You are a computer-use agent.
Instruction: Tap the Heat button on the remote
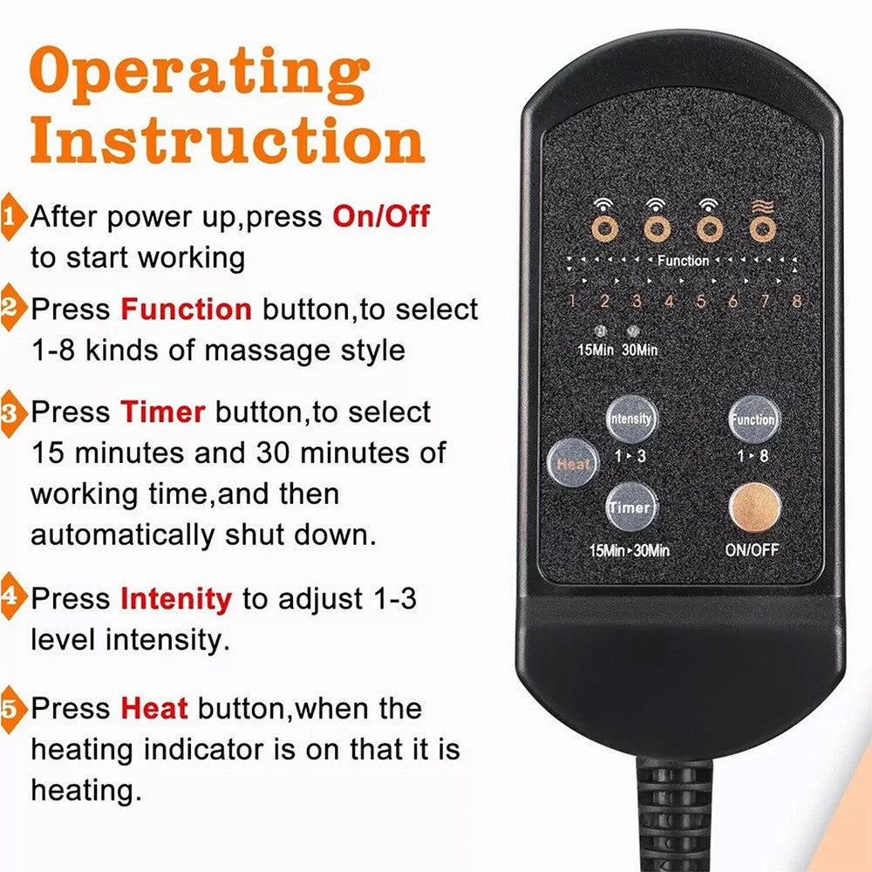573,464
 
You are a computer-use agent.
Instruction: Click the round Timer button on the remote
630,507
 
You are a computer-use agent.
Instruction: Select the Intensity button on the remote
630,419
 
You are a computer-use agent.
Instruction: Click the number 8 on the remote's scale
796,302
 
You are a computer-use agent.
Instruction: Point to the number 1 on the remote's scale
572,302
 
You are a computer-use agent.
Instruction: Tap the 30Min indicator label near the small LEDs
639,350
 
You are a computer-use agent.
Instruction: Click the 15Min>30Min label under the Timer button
630,550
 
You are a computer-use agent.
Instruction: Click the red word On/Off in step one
381,216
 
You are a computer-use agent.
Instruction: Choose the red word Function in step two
186,309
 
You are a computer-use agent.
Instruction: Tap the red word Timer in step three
163,411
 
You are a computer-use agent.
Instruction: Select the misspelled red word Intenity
176,599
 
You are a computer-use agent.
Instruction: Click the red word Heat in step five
154,707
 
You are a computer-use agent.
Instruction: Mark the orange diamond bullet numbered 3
10,412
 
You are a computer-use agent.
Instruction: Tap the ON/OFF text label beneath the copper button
753,550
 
